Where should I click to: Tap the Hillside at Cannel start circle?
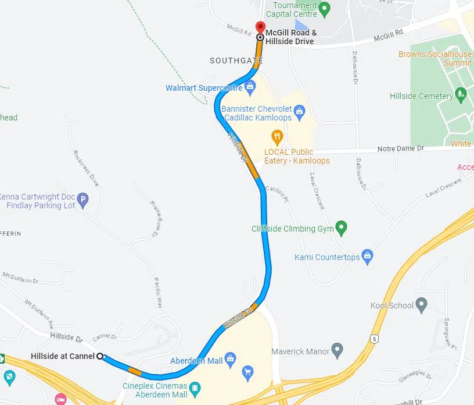coord(100,356)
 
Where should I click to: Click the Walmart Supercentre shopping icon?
coord(250,88)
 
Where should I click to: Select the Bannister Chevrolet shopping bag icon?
coord(299,110)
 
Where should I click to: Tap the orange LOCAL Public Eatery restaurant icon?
coord(278,138)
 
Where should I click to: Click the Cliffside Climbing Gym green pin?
coord(342,228)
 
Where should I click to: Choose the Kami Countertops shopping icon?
coord(367,257)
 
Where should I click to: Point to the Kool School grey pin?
coord(422,305)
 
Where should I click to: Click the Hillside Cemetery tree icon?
coord(461,95)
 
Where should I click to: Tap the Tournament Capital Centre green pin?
coord(325,9)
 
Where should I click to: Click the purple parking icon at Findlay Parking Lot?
coord(82,201)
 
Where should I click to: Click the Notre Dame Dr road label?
coord(401,149)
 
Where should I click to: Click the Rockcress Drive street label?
coord(86,168)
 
